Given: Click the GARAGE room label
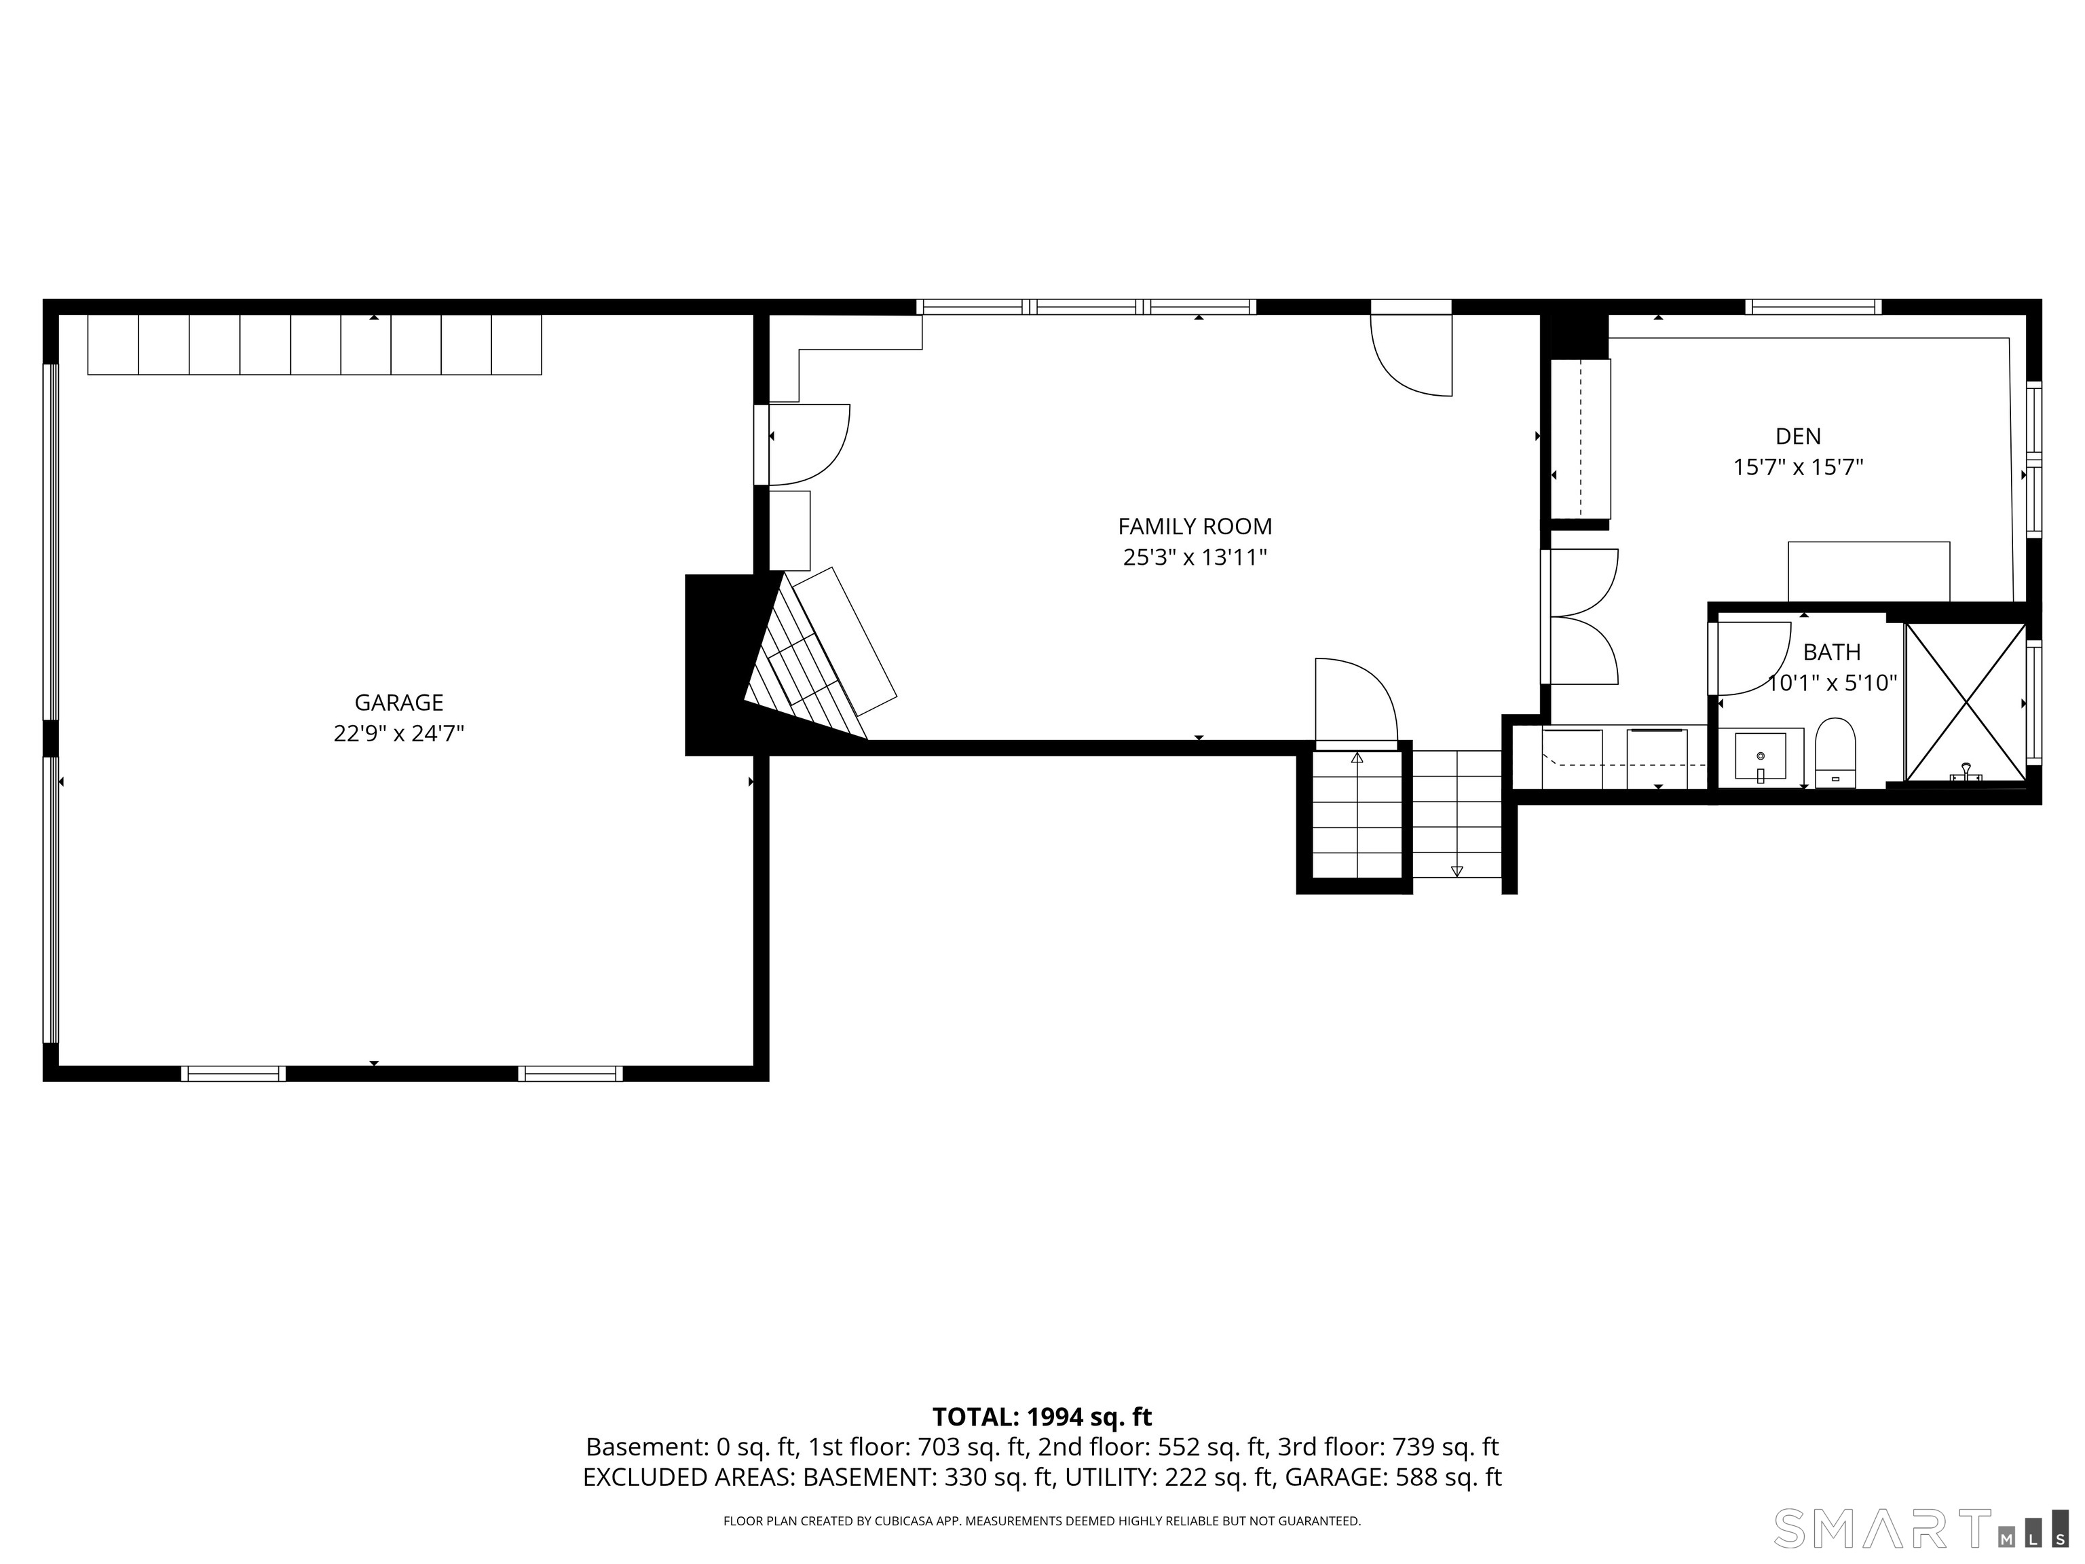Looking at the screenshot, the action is pos(398,703).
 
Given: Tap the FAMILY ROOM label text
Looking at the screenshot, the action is pos(1195,526).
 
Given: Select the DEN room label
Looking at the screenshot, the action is pos(1799,436).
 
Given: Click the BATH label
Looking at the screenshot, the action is pos(1831,652).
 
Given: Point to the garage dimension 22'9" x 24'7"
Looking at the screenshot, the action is pos(398,733).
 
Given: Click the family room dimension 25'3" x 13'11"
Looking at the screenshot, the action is pos(1195,557).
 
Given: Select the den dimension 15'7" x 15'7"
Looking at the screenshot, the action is pos(1799,466).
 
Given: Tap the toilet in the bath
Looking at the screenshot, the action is pos(1835,752).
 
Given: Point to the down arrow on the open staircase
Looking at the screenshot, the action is pos(1457,870).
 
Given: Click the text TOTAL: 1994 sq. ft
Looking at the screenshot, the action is pos(1042,1417).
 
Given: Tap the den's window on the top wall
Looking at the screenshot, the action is pos(1813,306).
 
